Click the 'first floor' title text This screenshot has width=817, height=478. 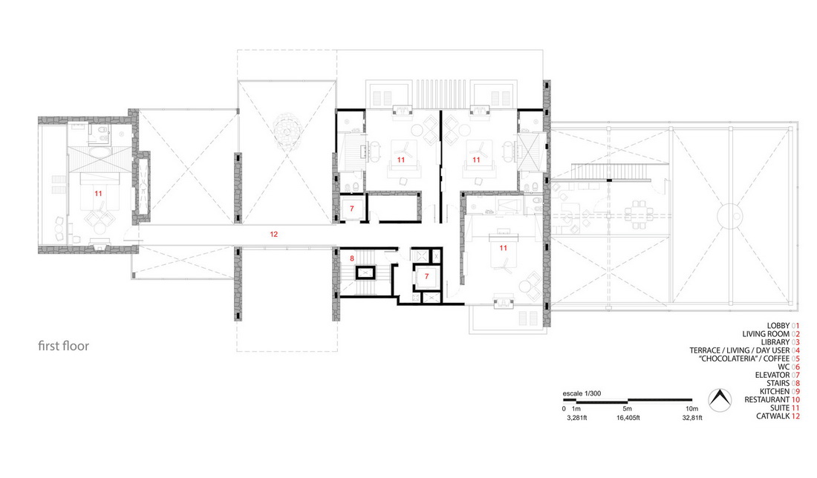[x=64, y=346]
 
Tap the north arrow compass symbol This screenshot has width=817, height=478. [x=720, y=400]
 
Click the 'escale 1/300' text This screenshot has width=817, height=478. [x=582, y=393]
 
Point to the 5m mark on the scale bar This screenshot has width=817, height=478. [x=628, y=400]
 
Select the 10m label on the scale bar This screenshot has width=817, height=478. [x=691, y=409]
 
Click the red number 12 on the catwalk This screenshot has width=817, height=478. [x=274, y=235]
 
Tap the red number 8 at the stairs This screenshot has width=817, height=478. [x=352, y=258]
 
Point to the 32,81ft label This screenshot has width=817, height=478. [x=692, y=418]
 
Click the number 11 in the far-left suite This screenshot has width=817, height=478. [x=98, y=193]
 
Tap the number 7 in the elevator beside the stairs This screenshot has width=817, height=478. [x=427, y=276]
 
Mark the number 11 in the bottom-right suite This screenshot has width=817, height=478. [x=503, y=248]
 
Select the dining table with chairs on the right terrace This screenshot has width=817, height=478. [x=639, y=215]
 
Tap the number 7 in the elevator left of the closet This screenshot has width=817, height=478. [x=352, y=209]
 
